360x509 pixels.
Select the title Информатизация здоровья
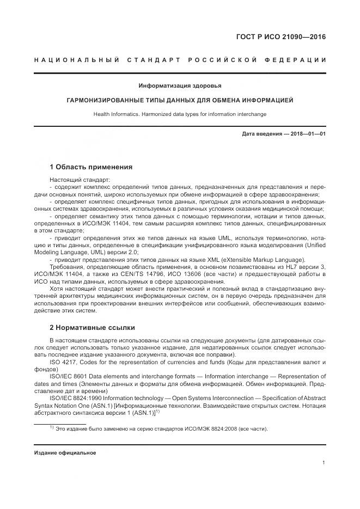pos(180,85)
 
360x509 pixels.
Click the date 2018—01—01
pos(307,133)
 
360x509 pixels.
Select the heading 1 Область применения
pos(91,167)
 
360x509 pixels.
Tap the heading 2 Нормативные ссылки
pos(92,328)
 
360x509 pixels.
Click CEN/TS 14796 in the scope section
pos(153,274)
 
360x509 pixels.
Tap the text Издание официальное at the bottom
pos(65,453)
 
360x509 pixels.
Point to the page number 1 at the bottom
pos(324,463)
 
